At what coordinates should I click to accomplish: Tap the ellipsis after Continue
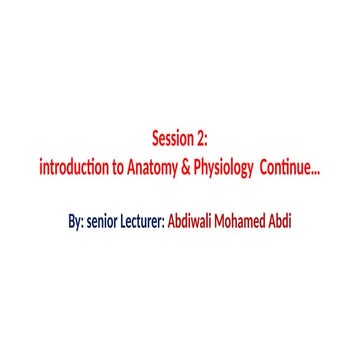(x=316, y=168)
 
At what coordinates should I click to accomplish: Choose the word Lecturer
(x=143, y=220)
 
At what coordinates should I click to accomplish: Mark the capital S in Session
(x=155, y=139)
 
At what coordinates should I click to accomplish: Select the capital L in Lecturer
(x=125, y=220)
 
